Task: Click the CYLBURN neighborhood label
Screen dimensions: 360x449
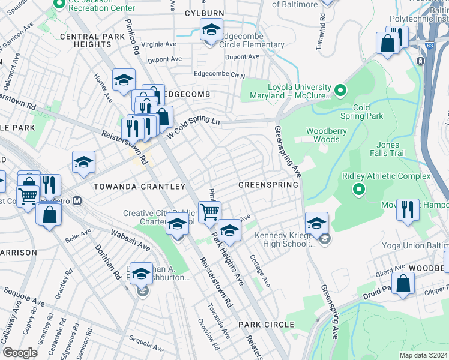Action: pyautogui.click(x=204, y=13)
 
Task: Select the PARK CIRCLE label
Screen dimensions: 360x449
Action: pyautogui.click(x=265, y=325)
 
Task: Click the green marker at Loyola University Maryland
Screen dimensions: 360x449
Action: pyautogui.click(x=340, y=91)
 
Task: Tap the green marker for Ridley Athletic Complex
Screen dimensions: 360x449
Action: pyautogui.click(x=359, y=190)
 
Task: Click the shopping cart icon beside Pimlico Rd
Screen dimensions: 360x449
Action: pyautogui.click(x=209, y=212)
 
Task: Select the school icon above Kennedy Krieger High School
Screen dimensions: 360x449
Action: pyautogui.click(x=316, y=223)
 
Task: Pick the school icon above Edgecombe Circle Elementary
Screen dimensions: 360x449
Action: pyautogui.click(x=211, y=29)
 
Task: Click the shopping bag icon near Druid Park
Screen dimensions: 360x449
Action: pyautogui.click(x=403, y=282)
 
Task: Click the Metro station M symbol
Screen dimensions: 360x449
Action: pyautogui.click(x=77, y=202)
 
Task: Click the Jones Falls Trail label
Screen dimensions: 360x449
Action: pyautogui.click(x=396, y=149)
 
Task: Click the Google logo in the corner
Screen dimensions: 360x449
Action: pyautogui.click(x=20, y=352)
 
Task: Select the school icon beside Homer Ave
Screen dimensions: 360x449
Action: pyautogui.click(x=124, y=79)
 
